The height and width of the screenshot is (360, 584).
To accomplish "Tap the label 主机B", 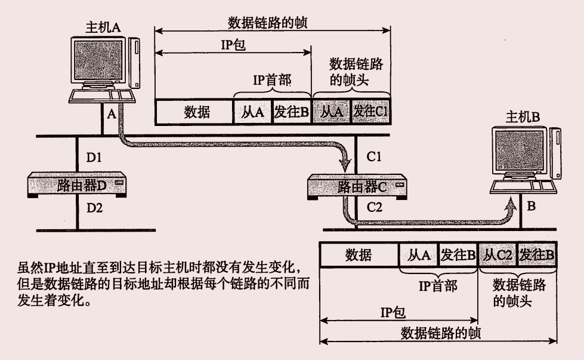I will (523, 117).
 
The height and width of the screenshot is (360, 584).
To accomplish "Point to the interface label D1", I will (94, 159).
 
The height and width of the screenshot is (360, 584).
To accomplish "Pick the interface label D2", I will (94, 209).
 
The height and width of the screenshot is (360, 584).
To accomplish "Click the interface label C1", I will (374, 158).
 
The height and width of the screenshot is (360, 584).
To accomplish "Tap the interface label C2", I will (374, 208).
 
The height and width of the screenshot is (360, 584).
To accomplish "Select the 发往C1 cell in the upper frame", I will (370, 112).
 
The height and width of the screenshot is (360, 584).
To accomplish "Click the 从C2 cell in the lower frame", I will (498, 255).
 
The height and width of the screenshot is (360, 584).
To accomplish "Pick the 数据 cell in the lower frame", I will (359, 255).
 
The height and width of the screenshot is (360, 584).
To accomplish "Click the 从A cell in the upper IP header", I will (252, 112).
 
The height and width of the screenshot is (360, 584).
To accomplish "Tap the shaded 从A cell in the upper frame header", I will (331, 112).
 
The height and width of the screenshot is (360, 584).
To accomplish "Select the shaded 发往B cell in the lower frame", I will (537, 255).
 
